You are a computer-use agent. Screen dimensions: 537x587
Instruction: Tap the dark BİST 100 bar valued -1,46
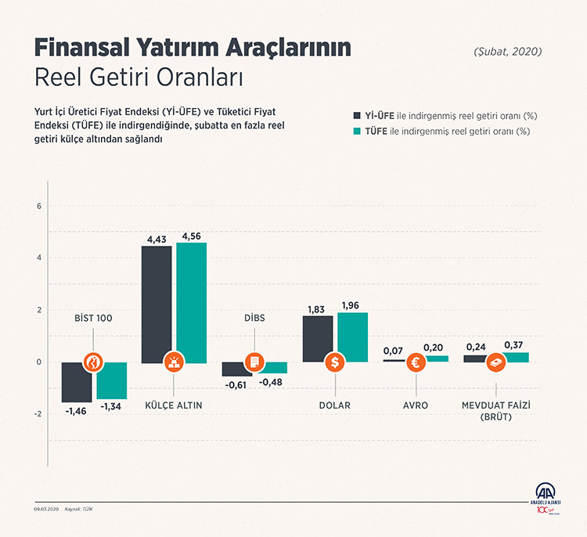coord(76,382)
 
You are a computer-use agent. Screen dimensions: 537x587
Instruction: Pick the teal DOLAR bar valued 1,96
coord(352,337)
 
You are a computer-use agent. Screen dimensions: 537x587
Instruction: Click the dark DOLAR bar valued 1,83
coord(317,338)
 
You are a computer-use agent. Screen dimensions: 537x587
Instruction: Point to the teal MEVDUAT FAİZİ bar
coord(515,357)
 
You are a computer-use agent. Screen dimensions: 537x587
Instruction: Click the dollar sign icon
coord(335,362)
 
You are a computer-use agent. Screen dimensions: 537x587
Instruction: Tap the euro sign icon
coord(416,362)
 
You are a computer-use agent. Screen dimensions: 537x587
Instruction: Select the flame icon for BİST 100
coord(94,362)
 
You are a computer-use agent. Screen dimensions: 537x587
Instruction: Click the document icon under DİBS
coord(254,362)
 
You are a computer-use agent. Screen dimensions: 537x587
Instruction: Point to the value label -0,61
coord(236,384)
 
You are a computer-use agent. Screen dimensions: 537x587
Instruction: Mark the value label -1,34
coord(113,407)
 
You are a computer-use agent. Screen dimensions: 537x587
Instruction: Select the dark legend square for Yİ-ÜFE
coord(358,115)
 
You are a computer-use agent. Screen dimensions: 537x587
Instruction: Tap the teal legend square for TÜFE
coord(358,132)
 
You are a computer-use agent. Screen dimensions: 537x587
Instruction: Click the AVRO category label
coord(416,405)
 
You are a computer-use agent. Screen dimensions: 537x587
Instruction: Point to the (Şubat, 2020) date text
coord(507,52)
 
